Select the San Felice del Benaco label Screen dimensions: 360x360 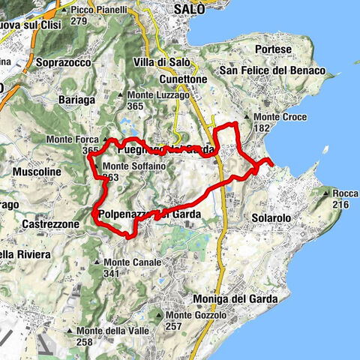click(x=271, y=70)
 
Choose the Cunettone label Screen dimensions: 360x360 click(x=178, y=78)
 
